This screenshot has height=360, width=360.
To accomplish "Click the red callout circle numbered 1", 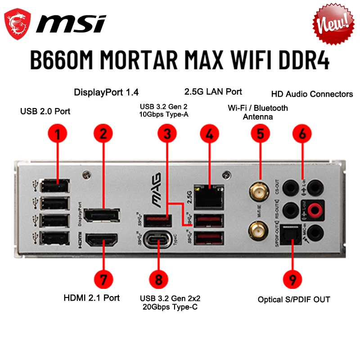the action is click(x=58, y=133).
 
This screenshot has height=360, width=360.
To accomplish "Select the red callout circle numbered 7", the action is click(x=103, y=279).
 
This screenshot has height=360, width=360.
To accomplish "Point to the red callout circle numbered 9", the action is click(x=292, y=279).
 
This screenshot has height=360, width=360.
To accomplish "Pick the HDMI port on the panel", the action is click(x=101, y=240).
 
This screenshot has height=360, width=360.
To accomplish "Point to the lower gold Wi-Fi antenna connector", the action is click(x=258, y=232).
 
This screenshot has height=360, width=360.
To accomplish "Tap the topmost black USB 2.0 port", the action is click(x=54, y=186).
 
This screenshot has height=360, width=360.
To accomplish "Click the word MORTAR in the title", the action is click(x=154, y=60).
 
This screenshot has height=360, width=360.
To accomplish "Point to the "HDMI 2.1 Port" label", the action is click(x=91, y=297).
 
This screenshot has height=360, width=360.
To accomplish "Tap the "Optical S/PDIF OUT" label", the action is click(x=294, y=299).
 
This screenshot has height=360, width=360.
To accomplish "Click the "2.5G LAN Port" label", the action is click(x=213, y=92).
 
